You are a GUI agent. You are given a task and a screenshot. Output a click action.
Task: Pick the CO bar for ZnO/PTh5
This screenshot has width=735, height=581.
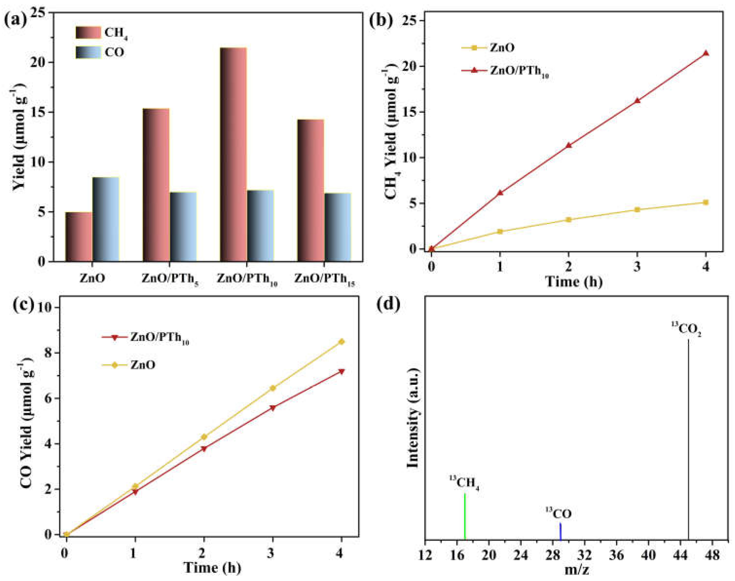(x=183, y=227)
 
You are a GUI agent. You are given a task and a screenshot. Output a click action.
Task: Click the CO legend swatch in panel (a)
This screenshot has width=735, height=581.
(x=88, y=52)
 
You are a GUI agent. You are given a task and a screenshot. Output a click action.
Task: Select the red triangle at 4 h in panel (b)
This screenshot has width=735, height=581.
(x=706, y=53)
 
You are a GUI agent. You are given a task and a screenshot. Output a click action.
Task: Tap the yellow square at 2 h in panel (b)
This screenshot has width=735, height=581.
(x=568, y=220)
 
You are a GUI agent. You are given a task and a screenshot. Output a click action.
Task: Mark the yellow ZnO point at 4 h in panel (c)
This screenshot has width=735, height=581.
(x=341, y=342)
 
